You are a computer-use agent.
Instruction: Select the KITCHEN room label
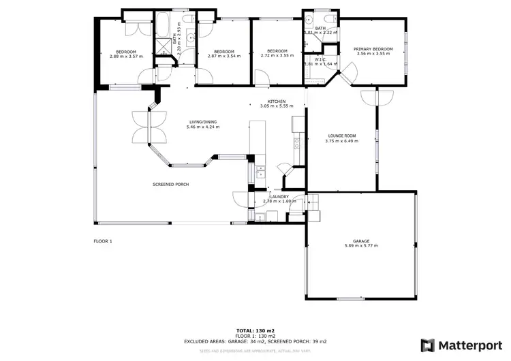(276, 101)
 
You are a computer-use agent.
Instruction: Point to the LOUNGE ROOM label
(341, 137)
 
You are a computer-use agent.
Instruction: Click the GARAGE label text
(361, 241)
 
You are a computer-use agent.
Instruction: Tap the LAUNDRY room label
(279, 197)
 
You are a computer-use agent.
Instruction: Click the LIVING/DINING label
(204, 123)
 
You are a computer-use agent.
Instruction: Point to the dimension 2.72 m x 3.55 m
(277, 56)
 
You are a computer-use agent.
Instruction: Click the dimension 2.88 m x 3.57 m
(126, 56)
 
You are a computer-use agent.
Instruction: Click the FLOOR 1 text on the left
(103, 241)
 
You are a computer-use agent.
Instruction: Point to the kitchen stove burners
(297, 142)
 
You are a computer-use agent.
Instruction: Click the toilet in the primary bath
(308, 20)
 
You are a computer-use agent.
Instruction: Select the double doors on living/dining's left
(148, 126)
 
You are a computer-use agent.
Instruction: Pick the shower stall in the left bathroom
(164, 46)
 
